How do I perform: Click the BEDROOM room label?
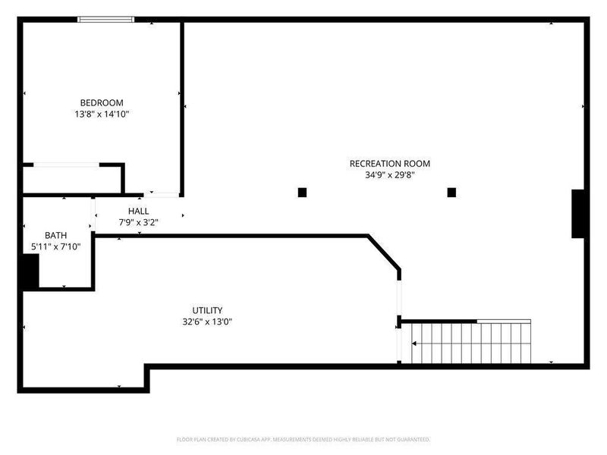click(x=102, y=103)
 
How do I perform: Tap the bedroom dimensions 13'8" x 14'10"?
click(x=102, y=115)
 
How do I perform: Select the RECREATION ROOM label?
click(x=389, y=164)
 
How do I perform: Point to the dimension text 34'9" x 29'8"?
click(x=389, y=175)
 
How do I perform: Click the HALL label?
click(x=138, y=212)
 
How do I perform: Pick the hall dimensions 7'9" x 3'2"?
click(x=138, y=222)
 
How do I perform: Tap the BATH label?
click(x=55, y=235)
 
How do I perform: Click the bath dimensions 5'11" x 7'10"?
click(x=55, y=246)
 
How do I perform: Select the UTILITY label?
click(x=207, y=310)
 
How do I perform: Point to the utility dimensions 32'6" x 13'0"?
click(x=207, y=322)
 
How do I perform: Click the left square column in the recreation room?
click(x=302, y=193)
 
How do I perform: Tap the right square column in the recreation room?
click(x=451, y=193)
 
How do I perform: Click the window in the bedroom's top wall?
click(x=105, y=20)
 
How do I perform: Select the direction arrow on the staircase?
click(x=414, y=344)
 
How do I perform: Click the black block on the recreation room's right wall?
click(x=577, y=214)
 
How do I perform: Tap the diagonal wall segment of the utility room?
click(x=384, y=252)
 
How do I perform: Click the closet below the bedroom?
click(x=72, y=180)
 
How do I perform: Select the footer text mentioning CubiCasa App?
click(x=303, y=440)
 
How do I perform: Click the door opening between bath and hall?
click(x=93, y=215)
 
